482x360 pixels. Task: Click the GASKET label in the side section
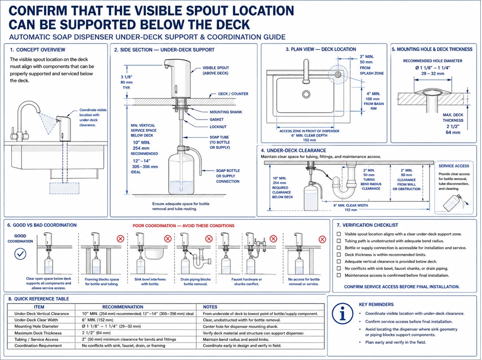[216, 119]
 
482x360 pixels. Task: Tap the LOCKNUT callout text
[218, 127]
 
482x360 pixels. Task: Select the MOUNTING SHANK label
[225, 112]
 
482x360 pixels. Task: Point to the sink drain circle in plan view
[306, 94]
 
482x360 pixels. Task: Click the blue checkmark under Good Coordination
[21, 254]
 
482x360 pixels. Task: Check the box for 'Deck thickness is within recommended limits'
[339, 255]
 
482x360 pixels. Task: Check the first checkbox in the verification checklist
[339, 234]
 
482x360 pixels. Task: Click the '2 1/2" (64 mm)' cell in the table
[96, 333]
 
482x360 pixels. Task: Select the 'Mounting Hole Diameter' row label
[36, 326]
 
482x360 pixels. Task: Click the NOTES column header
[210, 307]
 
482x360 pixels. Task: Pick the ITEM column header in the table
[39, 307]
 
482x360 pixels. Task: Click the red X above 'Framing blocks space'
[120, 238]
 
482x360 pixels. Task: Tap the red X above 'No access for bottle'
[322, 239]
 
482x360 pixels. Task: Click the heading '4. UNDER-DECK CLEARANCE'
[293, 151]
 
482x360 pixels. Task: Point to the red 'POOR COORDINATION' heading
[184, 226]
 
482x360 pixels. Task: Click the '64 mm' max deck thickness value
[453, 132]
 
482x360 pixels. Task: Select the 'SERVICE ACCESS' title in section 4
[454, 166]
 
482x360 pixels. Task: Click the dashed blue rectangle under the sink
[64, 188]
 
